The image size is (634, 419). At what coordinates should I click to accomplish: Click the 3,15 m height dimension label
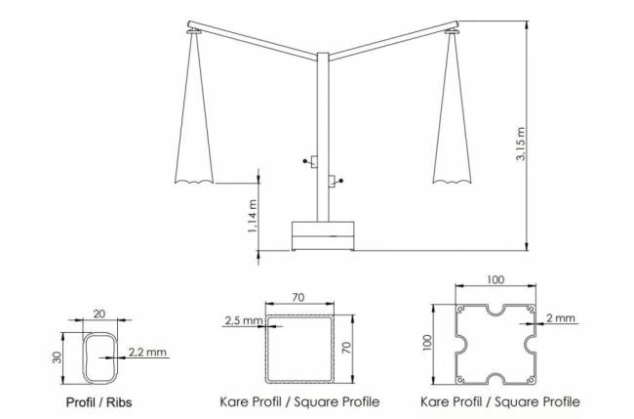click(x=521, y=144)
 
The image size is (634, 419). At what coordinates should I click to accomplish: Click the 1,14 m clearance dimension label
click(x=253, y=216)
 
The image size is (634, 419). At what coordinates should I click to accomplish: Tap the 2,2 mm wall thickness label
click(x=147, y=352)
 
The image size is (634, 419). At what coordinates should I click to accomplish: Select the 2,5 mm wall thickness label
click(x=244, y=320)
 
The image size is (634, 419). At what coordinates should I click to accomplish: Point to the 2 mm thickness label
click(x=561, y=317)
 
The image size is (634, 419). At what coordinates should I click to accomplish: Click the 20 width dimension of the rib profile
click(x=99, y=314)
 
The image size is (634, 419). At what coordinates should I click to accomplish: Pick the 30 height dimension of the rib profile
click(x=57, y=357)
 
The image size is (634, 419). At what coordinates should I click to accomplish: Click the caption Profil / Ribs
click(x=99, y=402)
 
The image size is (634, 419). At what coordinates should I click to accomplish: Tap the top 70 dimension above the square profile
click(x=298, y=298)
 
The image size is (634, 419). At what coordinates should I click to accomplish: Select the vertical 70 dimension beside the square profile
click(x=346, y=348)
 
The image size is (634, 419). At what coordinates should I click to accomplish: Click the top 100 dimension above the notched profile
click(x=495, y=279)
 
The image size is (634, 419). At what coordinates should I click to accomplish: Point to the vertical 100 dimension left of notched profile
click(x=429, y=343)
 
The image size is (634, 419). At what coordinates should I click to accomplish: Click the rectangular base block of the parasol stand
click(x=323, y=235)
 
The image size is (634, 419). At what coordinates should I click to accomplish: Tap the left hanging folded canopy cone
click(x=194, y=109)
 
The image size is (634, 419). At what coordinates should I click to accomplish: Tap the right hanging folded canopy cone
click(x=452, y=109)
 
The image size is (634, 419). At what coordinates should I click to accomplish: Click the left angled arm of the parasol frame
click(x=253, y=40)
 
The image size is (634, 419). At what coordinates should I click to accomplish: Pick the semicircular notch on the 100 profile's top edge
click(x=495, y=311)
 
